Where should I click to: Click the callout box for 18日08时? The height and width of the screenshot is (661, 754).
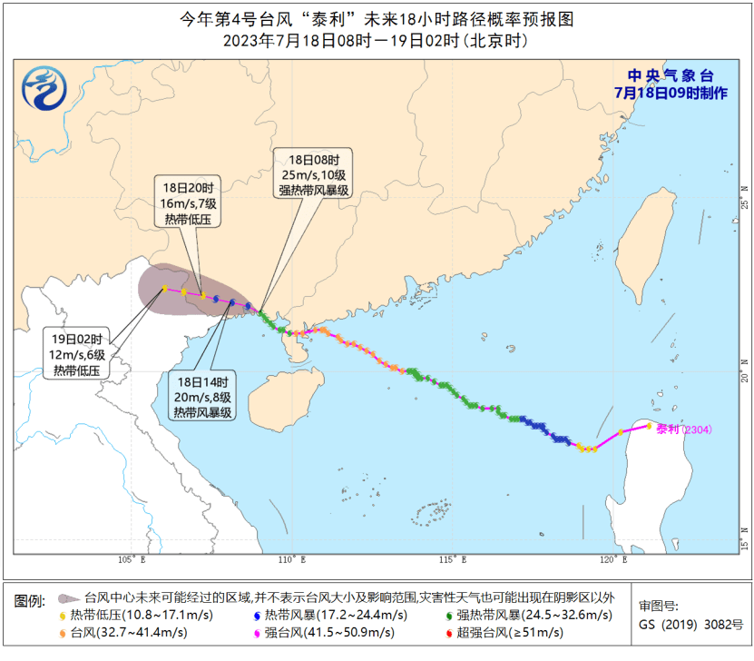coord(314,173)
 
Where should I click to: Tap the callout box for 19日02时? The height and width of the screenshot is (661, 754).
coord(80,352)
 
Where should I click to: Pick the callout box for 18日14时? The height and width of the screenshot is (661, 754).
coord(203,396)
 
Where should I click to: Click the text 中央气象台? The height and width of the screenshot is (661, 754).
coord(671,76)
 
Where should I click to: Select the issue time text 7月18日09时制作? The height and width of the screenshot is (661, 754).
coord(671,93)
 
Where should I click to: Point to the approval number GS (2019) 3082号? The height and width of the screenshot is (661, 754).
coord(690,625)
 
